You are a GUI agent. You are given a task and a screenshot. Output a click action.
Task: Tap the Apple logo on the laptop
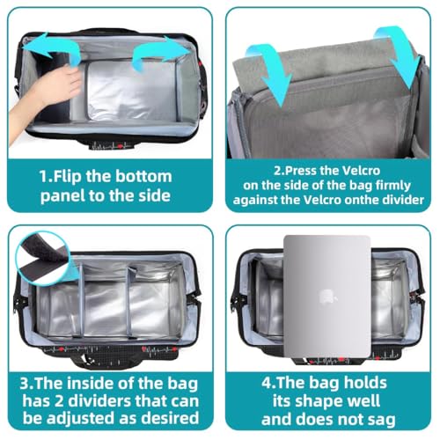tap(327, 297)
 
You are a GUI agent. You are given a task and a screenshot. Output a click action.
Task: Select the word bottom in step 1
tap(143, 176)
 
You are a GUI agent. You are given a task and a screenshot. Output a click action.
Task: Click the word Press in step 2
tap(302, 171)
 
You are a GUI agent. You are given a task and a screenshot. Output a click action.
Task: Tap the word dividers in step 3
tap(105, 401)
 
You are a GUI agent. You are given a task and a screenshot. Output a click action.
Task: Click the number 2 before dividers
tap(60, 401)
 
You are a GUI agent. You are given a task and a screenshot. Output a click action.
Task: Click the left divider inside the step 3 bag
tap(81, 301)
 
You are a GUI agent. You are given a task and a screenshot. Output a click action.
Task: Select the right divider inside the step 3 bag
tap(129, 302)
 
